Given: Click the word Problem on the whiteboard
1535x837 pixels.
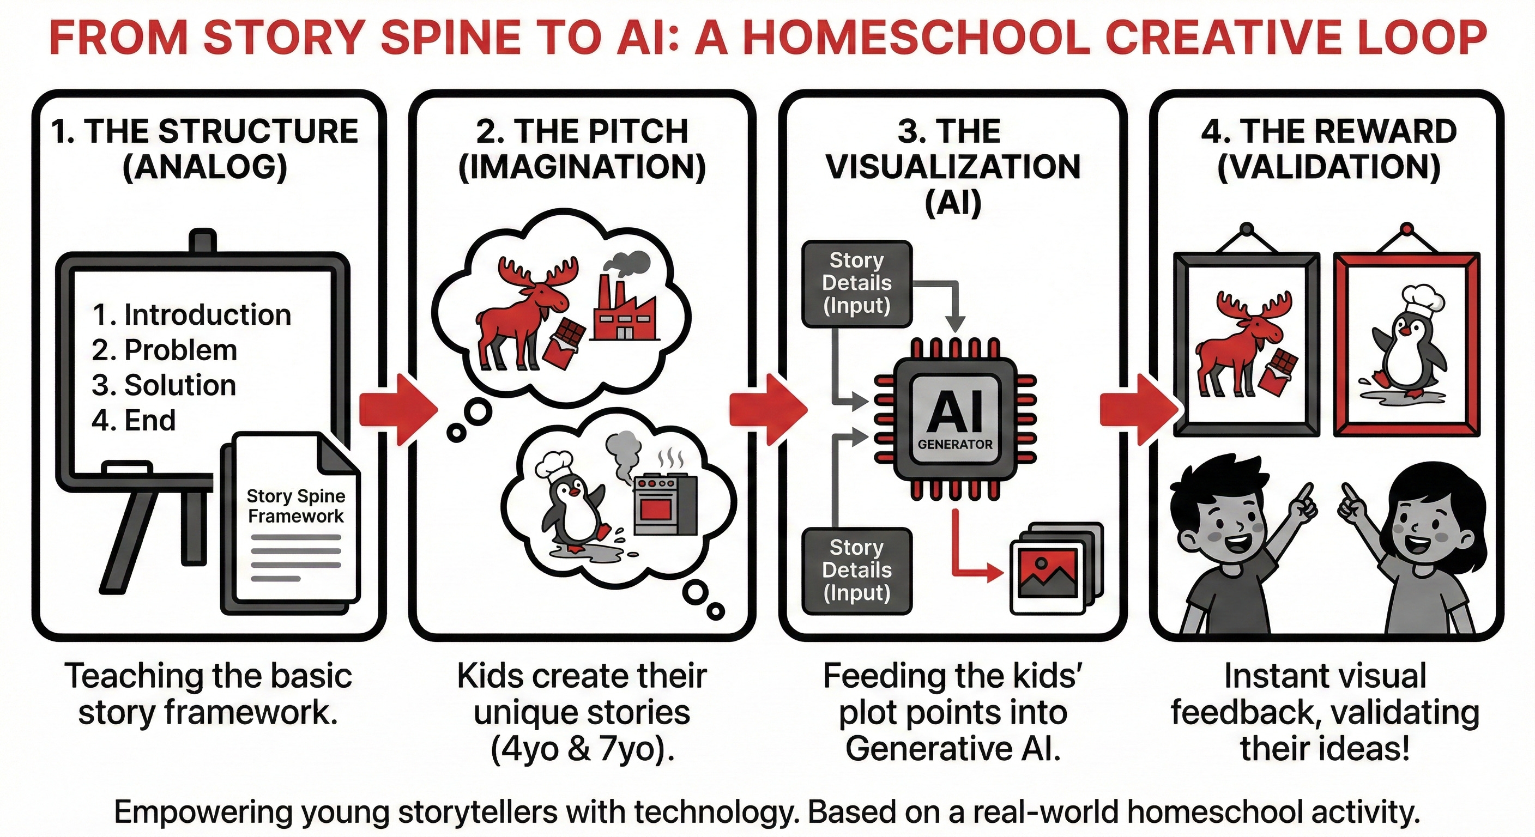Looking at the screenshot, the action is [180, 350].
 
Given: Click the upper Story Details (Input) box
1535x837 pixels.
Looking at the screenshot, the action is [856, 283].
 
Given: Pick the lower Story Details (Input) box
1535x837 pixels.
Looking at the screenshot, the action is [856, 571].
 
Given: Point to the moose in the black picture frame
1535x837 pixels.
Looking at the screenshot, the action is [1236, 345].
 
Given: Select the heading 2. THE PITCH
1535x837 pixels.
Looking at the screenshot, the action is [582, 131].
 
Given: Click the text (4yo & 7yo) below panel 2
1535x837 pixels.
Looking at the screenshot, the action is [582, 748].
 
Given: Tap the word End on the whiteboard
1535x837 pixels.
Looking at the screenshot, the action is [150, 421].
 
